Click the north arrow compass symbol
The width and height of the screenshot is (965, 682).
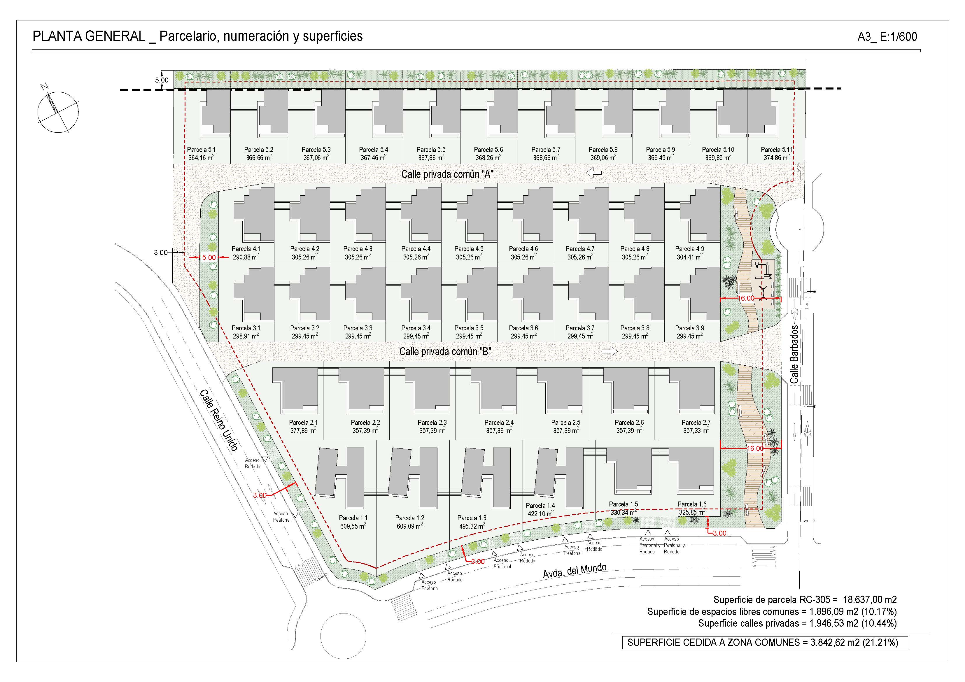(58, 111)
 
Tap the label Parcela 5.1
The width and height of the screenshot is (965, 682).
(201, 150)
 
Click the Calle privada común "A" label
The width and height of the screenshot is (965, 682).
(447, 174)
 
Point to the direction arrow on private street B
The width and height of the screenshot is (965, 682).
(610, 351)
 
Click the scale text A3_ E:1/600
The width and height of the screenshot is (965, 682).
(887, 37)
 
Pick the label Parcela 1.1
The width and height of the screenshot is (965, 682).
(353, 518)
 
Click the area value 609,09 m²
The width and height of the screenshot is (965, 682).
(410, 526)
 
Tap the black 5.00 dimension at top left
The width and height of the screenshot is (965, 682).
(162, 80)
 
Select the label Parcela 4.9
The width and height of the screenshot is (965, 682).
(690, 249)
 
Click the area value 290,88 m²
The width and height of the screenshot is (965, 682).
(246, 257)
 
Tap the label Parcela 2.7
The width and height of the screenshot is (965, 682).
(696, 423)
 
